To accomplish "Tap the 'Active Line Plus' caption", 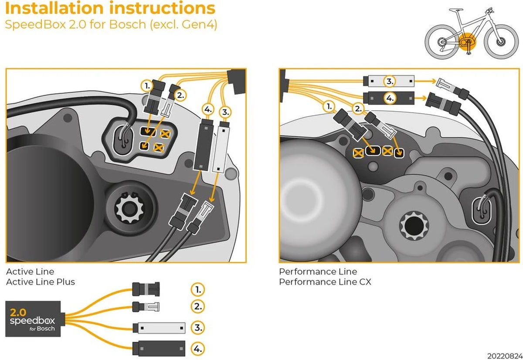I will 41,282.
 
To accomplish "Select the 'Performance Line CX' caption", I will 325,282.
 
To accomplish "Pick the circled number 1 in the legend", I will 197,289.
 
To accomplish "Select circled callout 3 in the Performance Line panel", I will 389,81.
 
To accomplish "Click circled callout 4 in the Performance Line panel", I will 389,99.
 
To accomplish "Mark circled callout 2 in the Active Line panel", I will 179,95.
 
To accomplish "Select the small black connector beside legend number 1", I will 146,288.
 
